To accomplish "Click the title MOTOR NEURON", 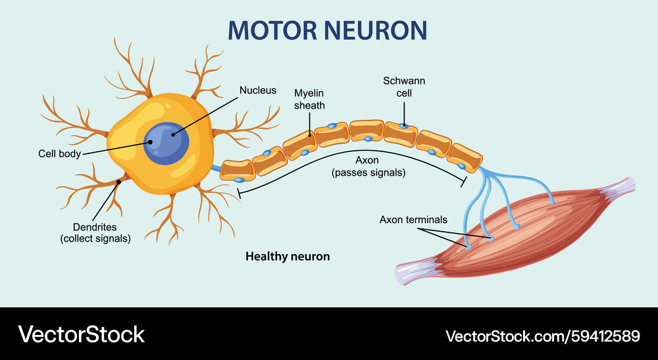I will [327, 30].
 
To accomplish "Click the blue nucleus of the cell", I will [167, 141].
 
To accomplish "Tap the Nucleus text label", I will [258, 90].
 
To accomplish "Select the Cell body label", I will [60, 154].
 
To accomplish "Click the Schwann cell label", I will [404, 87].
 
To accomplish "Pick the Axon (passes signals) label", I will [368, 167].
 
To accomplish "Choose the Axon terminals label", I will [413, 220].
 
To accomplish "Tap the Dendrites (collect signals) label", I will [95, 232].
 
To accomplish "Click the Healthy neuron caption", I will [288, 256].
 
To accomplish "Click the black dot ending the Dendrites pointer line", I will [119, 181].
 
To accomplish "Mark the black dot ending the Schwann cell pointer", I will [404, 125].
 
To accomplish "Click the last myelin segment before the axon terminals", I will [465, 156].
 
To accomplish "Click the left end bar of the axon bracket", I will [238, 193].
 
